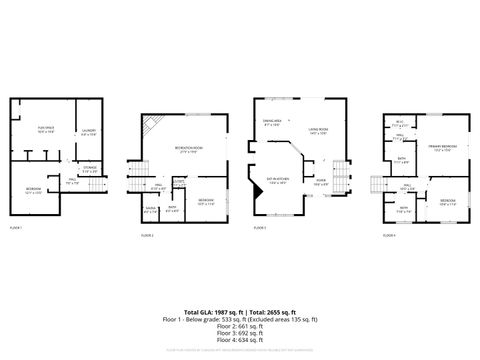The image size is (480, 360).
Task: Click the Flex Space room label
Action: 46,129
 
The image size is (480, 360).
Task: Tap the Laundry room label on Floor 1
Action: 86,131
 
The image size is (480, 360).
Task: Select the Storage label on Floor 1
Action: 90,168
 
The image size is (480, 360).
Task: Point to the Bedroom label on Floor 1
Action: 33,189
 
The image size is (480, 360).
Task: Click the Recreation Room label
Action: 187,149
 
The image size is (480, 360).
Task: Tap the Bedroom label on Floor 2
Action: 205,201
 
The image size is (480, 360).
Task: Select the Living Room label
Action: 319,130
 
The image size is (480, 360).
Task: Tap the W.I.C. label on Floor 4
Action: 398,123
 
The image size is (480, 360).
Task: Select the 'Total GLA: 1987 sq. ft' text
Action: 206,314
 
